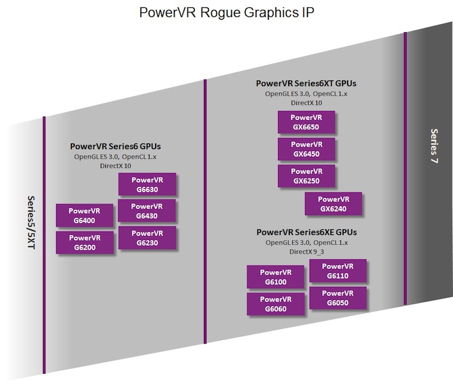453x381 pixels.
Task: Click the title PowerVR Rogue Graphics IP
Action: click(226, 13)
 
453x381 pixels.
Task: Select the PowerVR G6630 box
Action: click(147, 185)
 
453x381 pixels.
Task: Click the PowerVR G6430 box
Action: click(147, 211)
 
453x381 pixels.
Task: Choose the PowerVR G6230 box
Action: click(147, 238)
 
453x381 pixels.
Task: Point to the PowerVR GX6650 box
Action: click(306, 122)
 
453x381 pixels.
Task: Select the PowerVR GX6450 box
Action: click(306, 149)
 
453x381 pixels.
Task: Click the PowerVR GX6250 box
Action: click(306, 176)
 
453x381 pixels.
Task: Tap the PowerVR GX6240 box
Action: click(333, 204)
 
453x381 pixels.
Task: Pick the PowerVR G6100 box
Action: click(276, 276)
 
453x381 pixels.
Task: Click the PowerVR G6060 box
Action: click(276, 303)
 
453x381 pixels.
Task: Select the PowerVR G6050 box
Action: click(337, 298)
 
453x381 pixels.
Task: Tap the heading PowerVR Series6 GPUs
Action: click(115, 146)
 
